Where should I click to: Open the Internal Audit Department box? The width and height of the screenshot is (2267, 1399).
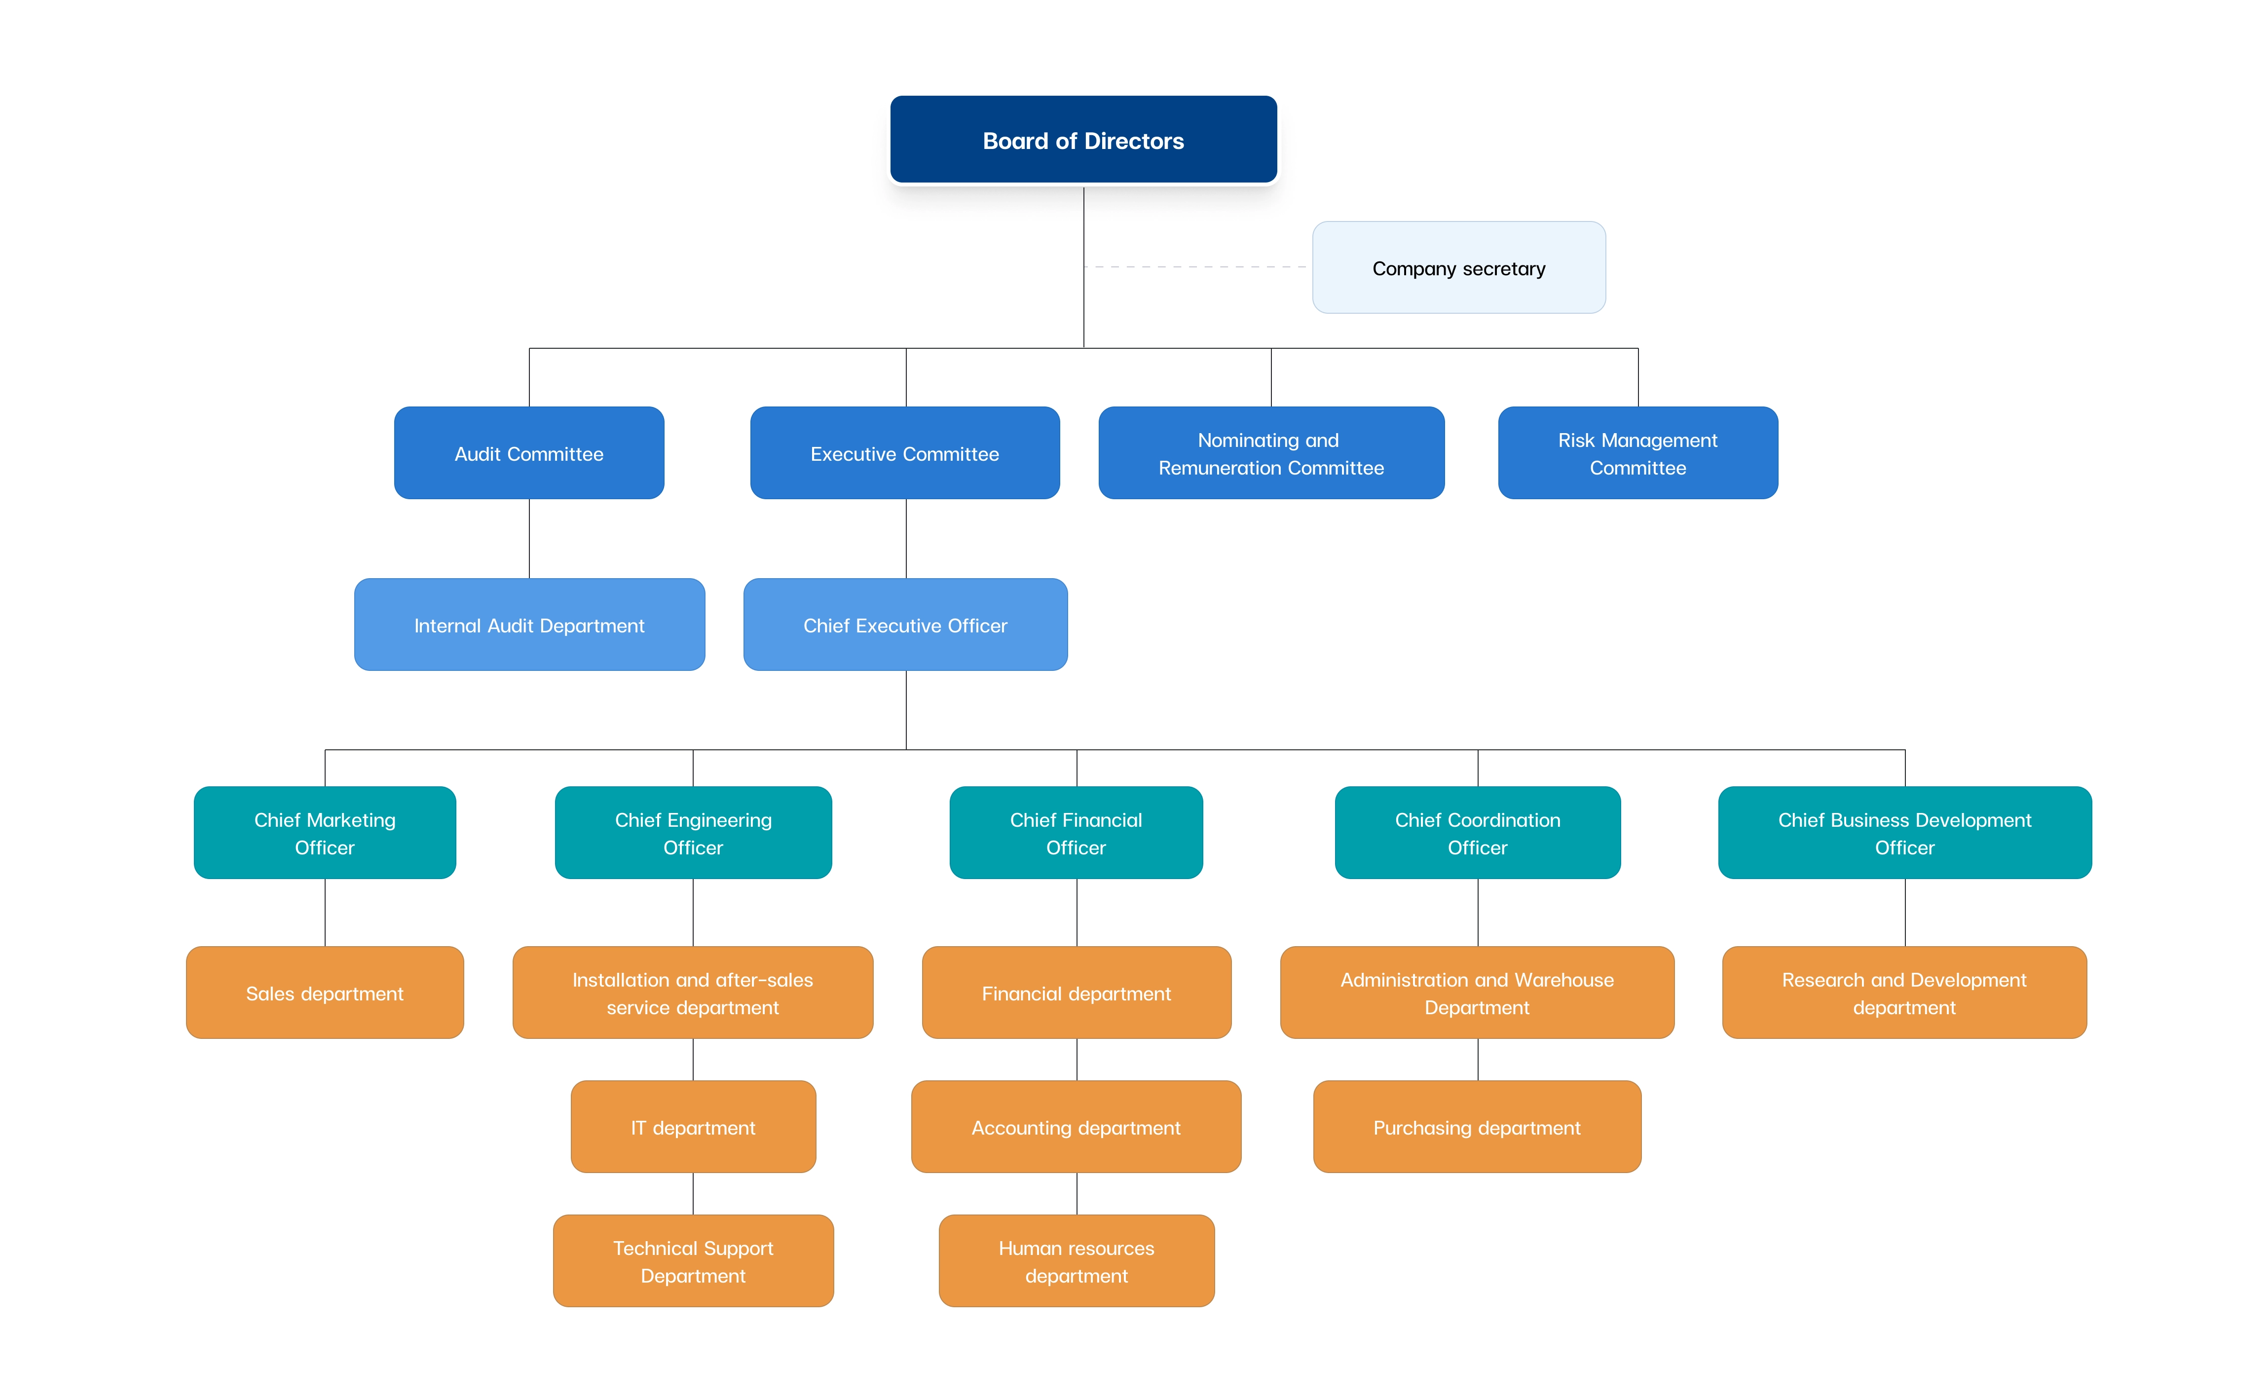[529, 625]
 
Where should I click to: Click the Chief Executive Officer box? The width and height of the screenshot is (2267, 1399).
[905, 625]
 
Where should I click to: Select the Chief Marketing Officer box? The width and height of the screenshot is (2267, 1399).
[325, 833]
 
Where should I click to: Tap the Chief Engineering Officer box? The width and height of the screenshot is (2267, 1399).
[693, 833]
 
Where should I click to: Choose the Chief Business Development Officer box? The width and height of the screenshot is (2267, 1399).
[1904, 833]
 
